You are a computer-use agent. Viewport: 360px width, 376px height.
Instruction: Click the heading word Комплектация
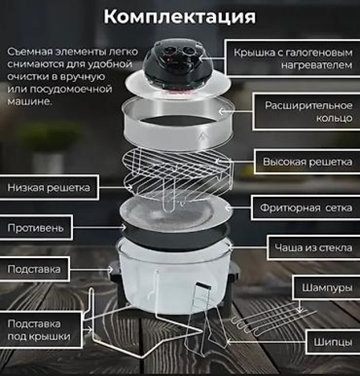[x=179, y=17]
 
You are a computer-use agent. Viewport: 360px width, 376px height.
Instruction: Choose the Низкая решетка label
[x=48, y=188]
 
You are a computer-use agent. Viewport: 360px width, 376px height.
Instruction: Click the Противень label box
[x=39, y=228]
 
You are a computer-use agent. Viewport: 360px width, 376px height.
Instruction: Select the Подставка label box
[x=34, y=269]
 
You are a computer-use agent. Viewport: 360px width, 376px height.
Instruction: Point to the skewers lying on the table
[x=264, y=320]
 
